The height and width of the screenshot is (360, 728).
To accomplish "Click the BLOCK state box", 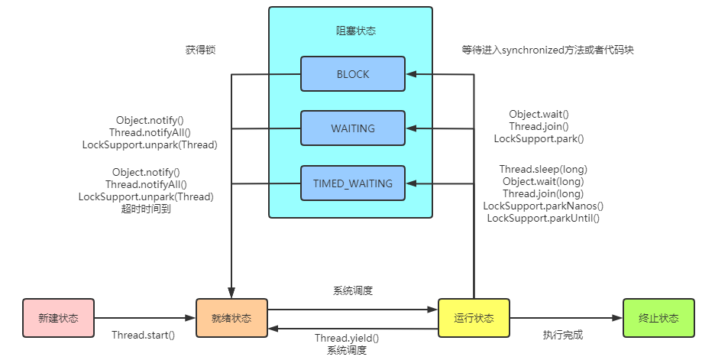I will click(352, 74).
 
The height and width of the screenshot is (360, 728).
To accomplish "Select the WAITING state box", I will click(352, 128).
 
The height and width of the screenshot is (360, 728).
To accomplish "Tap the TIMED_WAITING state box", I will click(352, 183).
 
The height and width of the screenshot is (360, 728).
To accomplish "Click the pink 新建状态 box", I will click(58, 318).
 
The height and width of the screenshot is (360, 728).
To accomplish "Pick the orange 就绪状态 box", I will click(231, 318).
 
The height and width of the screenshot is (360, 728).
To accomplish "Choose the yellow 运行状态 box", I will click(474, 318).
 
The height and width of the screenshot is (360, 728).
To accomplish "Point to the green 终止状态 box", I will click(658, 318).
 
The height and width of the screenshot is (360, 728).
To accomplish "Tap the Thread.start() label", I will click(143, 335).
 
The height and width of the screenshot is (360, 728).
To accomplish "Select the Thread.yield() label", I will click(346, 338).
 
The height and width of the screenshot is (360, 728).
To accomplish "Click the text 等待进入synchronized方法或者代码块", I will click(548, 50).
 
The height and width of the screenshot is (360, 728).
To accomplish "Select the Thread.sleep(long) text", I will click(543, 169).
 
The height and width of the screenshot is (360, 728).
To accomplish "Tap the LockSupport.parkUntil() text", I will click(543, 218).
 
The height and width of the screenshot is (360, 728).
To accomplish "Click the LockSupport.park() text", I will click(539, 138).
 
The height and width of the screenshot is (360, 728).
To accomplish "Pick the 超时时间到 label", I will click(145, 209).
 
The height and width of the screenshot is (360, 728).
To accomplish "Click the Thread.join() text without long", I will click(539, 126).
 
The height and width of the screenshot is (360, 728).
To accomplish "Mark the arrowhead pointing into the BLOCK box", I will click(411, 74).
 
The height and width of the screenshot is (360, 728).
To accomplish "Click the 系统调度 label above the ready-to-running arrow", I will click(352, 290).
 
